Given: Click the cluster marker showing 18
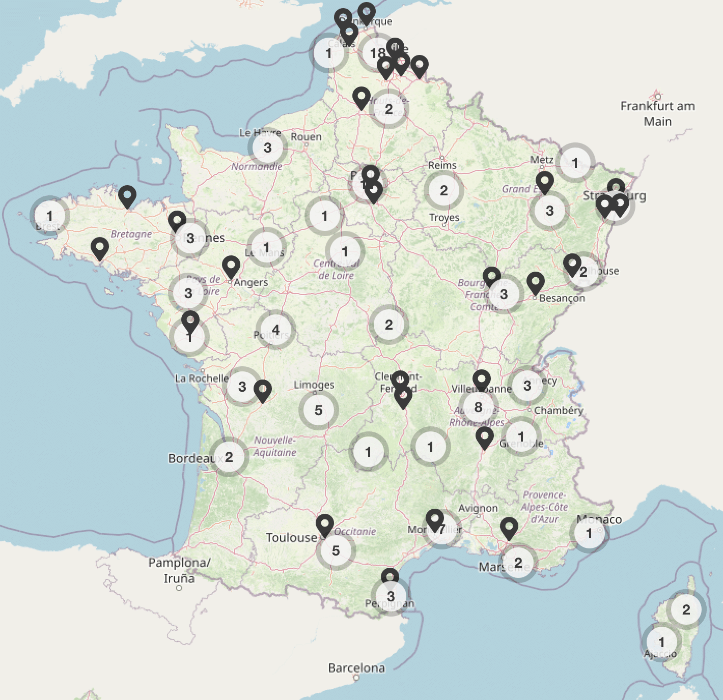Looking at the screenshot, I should [x=377, y=52].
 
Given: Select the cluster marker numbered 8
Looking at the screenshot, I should [x=478, y=407].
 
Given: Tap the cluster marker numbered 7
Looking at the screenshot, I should [x=441, y=529].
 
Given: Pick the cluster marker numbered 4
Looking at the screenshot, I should [x=275, y=330].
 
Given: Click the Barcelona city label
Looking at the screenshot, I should [x=356, y=668].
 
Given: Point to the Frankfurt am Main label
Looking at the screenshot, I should [x=657, y=113].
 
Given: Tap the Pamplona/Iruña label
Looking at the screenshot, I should [x=179, y=570].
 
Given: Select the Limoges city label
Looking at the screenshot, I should [x=314, y=385].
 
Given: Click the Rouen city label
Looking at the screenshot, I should [x=306, y=137].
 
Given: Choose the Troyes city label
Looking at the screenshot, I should [x=444, y=217].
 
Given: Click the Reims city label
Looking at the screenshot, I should [x=442, y=165].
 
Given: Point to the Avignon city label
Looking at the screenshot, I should [x=478, y=508].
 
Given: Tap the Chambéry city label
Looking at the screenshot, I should [x=559, y=410].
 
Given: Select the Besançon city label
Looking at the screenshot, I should [x=562, y=298].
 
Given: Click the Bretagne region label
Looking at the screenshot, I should [x=131, y=234].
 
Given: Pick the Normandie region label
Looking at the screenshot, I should [x=257, y=166].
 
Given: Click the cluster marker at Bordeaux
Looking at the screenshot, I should [x=229, y=457].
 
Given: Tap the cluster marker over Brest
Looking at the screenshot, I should [x=49, y=216].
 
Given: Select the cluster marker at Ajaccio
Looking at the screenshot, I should [x=661, y=642].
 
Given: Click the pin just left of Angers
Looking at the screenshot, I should [x=231, y=267].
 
